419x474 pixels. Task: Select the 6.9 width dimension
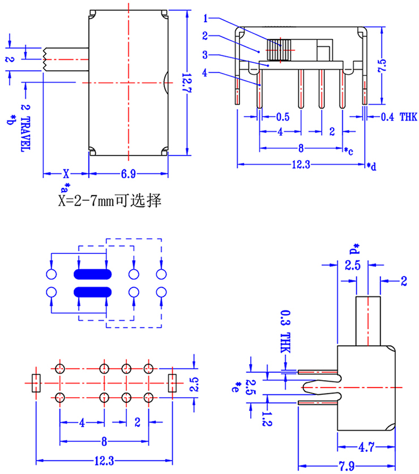pos(129,174)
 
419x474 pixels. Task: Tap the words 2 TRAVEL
pos(25,127)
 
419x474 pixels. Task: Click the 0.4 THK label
pos(399,117)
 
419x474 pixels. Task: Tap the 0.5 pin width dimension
pos(283,117)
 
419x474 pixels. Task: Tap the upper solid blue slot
pos(91,274)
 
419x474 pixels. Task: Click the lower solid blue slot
pos(91,292)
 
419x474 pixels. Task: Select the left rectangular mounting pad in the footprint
pos(36,383)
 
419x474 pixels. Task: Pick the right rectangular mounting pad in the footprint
pos(172,383)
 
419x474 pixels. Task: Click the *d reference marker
pos(371,166)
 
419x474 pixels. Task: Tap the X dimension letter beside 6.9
pos(66,174)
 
